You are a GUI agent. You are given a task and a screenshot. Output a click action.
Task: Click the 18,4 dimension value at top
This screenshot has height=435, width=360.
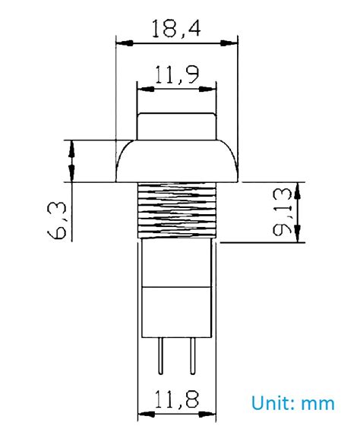175,30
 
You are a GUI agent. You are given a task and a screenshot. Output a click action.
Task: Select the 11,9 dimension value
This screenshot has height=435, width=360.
175,74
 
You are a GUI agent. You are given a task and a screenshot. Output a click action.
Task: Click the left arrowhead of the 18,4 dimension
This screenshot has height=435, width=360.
122,44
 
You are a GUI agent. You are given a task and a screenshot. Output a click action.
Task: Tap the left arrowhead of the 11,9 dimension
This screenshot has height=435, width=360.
143,89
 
